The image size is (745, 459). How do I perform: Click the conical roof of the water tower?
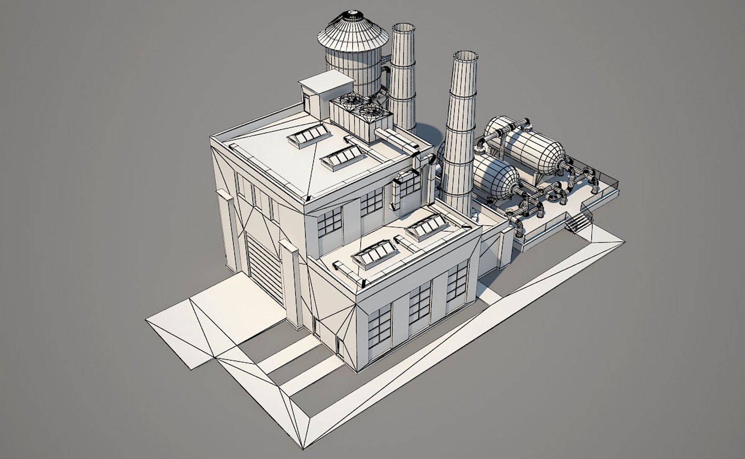pos(353,32)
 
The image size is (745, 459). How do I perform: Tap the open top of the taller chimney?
pos(465,56)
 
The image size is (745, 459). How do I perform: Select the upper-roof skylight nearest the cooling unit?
pos(309,135)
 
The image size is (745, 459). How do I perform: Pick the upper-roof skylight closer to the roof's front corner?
pos(343,157)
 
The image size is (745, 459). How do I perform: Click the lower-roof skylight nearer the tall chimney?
pos(427,226)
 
